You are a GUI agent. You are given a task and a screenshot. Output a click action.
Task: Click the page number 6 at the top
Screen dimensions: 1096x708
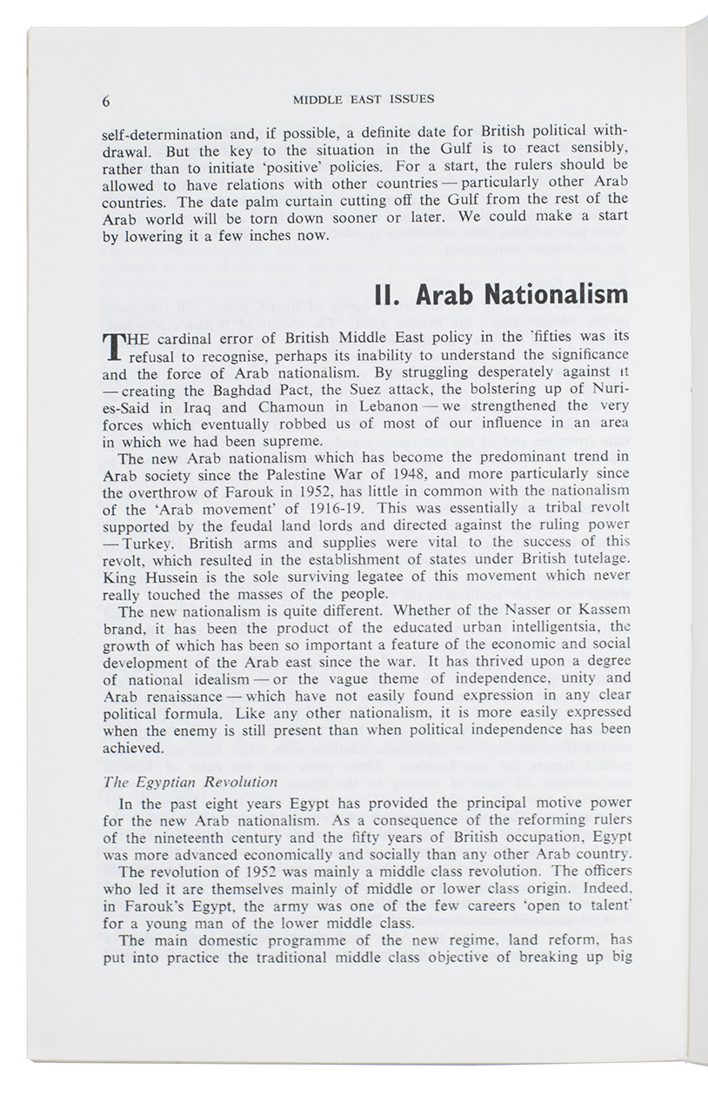pyautogui.click(x=106, y=101)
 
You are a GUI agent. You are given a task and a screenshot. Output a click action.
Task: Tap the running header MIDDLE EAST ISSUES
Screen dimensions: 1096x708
pyautogui.click(x=364, y=99)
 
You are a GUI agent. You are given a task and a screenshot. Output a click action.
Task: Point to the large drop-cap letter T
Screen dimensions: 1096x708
pyautogui.click(x=111, y=347)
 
